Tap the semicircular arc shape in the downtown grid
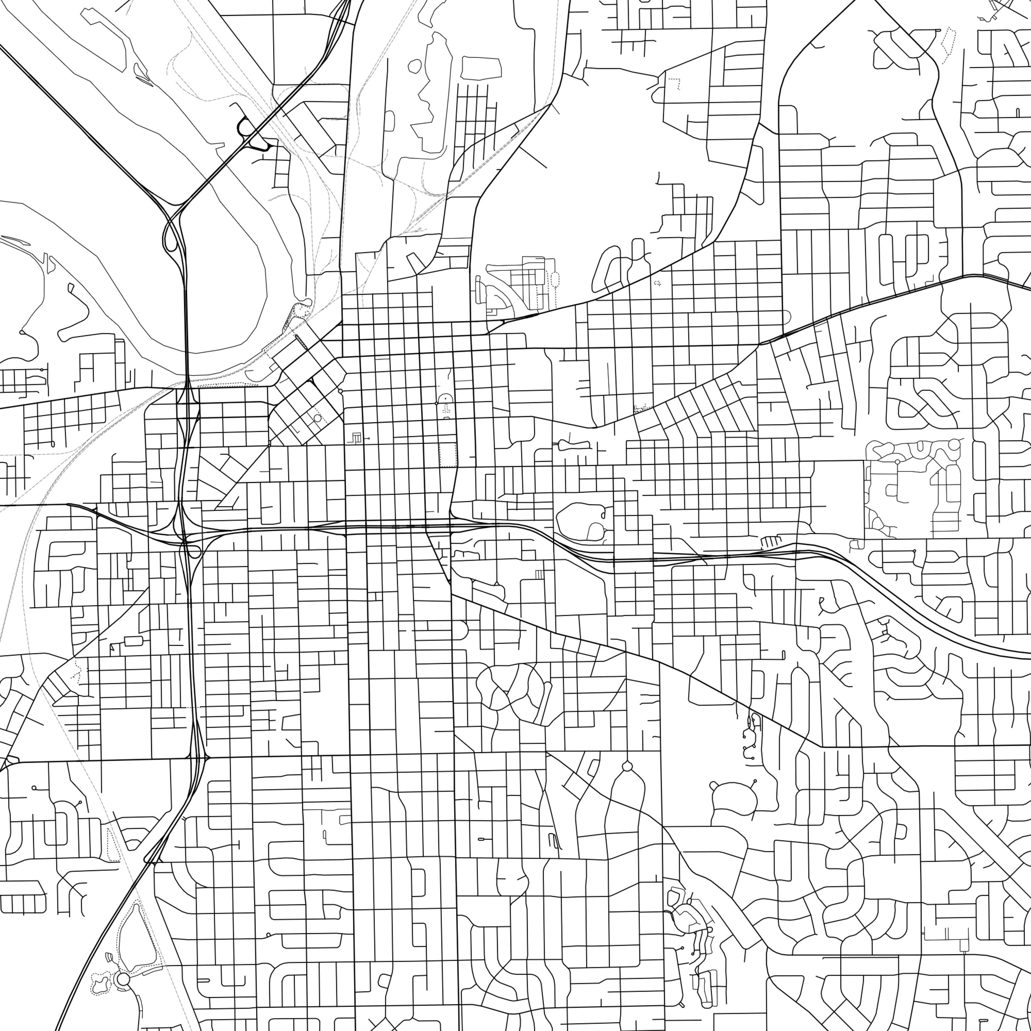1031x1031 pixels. pyautogui.click(x=444, y=399)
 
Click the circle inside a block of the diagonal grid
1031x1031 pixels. pyautogui.click(x=318, y=418)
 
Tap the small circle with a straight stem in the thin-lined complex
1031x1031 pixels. pyautogui.click(x=898, y=462)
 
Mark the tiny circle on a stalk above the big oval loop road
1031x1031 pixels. pyautogui.click(x=755, y=781)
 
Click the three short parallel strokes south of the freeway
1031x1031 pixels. pyautogui.click(x=540, y=574)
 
